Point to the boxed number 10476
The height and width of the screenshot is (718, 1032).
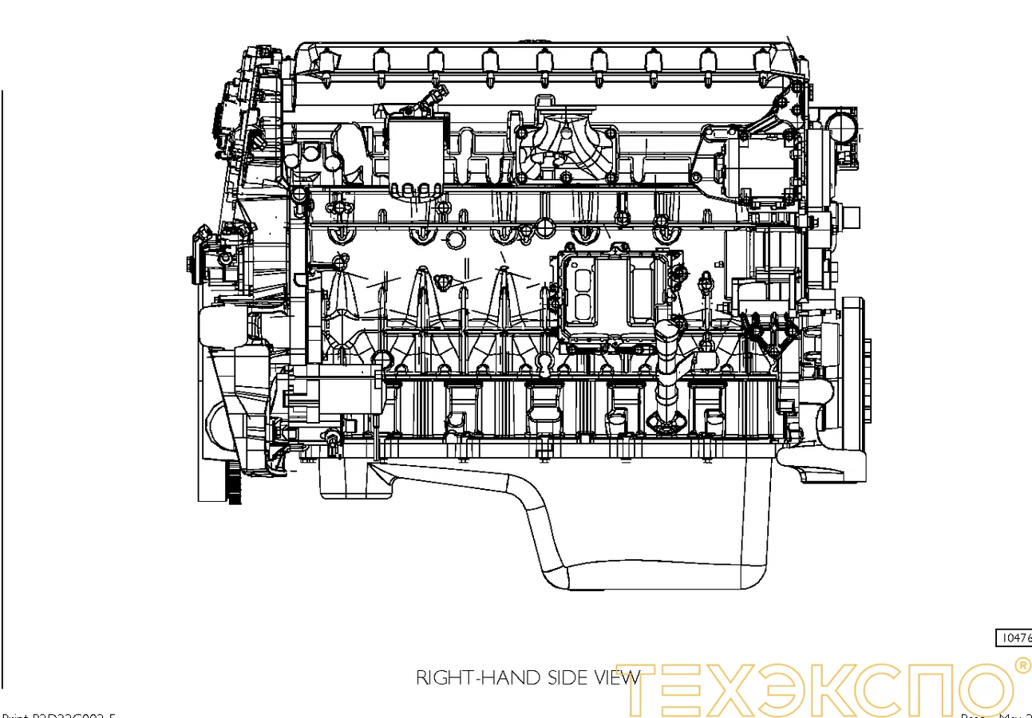click(1014, 638)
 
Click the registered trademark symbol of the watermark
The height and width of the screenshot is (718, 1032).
click(1020, 665)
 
